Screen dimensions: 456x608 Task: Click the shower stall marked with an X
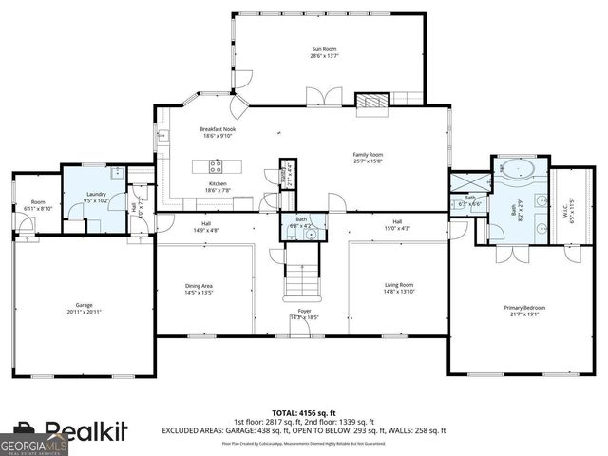click(x=466, y=182)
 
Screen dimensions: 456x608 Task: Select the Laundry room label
click(x=95, y=197)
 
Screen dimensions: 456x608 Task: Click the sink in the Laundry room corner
click(x=116, y=173)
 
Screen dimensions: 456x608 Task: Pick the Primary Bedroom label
click(x=525, y=311)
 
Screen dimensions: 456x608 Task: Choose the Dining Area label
click(x=199, y=289)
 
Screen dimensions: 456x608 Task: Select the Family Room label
click(x=368, y=157)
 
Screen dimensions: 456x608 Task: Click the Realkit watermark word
click(x=78, y=433)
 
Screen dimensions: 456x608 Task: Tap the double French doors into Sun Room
click(x=323, y=96)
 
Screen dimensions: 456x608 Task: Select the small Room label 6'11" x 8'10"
click(x=38, y=204)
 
